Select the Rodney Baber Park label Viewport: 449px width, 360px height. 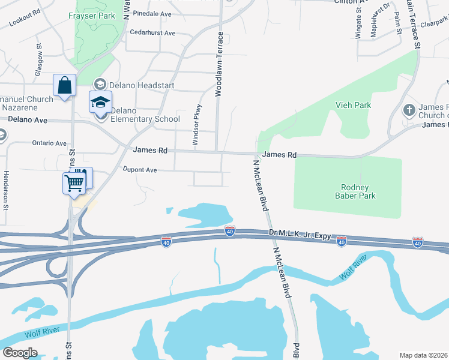[x=355, y=191]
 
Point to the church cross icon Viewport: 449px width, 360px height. [x=408, y=110]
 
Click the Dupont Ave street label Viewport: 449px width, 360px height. [x=139, y=170]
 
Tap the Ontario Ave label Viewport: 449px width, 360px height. [x=49, y=143]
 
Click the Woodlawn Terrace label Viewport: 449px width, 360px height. [x=220, y=64]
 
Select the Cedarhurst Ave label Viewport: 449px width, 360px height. [x=152, y=33]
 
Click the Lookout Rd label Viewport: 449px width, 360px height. [x=25, y=19]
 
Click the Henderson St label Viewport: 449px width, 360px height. [x=6, y=190]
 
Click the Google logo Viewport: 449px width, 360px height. [x=20, y=352]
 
